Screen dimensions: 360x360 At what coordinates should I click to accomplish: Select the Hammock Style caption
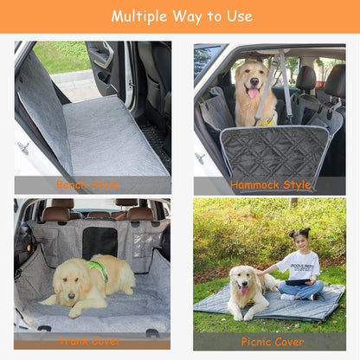pos(271,184)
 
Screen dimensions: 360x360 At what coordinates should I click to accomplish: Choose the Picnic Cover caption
pos(272,341)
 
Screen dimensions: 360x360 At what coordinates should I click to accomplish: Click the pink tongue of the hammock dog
pos(252,93)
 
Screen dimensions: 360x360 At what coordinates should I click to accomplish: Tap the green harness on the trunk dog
pos(99,269)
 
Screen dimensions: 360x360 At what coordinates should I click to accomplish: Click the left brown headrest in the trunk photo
pos(56,213)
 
